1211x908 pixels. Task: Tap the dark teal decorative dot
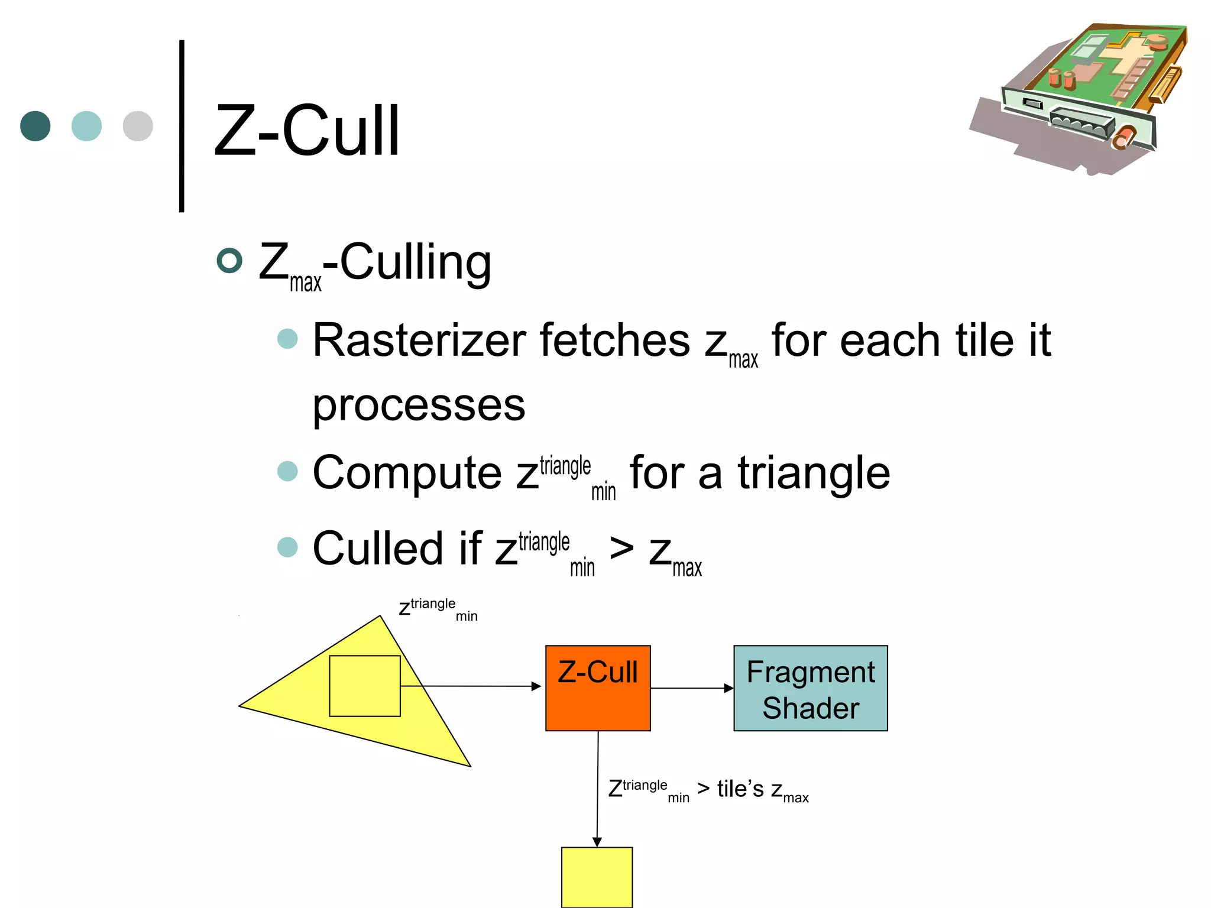tap(35, 126)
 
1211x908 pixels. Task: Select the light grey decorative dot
tap(138, 126)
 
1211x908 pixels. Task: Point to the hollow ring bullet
tap(229, 261)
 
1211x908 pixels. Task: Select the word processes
tap(419, 406)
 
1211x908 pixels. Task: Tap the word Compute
tap(407, 473)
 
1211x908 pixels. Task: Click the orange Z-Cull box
tap(598, 688)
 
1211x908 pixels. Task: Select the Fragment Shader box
tap(810, 688)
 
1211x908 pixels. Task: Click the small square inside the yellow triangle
tap(365, 686)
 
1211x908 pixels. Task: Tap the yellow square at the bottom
tap(597, 877)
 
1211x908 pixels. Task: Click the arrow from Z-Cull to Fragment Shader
tap(692, 688)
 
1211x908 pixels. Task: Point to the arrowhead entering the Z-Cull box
tap(536, 686)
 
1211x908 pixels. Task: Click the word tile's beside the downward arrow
tap(740, 789)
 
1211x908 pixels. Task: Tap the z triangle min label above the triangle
tap(438, 608)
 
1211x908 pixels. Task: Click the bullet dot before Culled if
tap(287, 547)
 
